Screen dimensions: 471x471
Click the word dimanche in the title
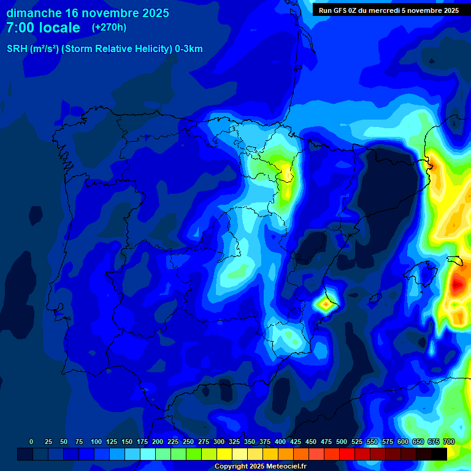click(x=34, y=13)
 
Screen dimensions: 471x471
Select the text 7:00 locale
click(x=43, y=28)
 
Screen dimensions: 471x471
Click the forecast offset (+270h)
click(x=109, y=28)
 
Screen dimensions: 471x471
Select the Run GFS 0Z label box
click(x=388, y=10)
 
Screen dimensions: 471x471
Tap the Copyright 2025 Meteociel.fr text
click(x=260, y=467)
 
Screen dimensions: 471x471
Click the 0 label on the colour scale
click(x=31, y=442)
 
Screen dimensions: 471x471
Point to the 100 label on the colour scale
click(x=96, y=442)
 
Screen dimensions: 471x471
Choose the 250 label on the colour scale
click(x=188, y=442)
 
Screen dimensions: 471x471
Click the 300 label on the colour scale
click(x=219, y=442)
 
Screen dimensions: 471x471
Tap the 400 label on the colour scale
click(x=280, y=442)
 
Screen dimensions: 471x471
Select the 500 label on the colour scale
click(x=342, y=442)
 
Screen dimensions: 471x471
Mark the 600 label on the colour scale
click(x=403, y=442)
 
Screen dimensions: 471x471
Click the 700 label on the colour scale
click(x=449, y=442)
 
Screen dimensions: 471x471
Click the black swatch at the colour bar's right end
click(x=439, y=454)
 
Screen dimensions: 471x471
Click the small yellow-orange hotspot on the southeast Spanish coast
click(x=324, y=302)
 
